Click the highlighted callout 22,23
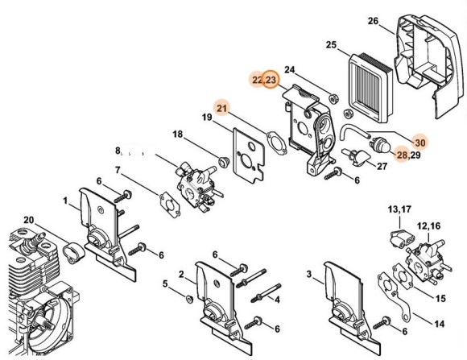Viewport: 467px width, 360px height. (x=264, y=81)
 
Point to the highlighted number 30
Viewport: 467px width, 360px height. (x=419, y=141)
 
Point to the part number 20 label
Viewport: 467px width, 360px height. (x=28, y=221)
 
